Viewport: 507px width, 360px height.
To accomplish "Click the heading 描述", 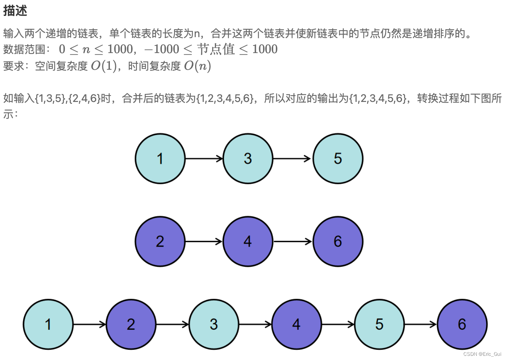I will point(15,11).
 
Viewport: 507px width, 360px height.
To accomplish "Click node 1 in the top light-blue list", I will point(160,158).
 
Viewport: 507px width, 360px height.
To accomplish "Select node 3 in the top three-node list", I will point(248,158).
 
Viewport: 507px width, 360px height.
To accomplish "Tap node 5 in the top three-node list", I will point(338,158).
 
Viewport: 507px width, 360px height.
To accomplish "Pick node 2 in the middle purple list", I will point(160,241).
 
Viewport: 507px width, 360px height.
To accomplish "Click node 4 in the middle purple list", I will point(248,241).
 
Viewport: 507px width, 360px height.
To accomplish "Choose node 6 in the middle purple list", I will point(338,241).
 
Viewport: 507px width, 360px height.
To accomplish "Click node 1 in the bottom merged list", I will point(48,324).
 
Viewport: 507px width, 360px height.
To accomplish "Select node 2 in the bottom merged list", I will point(131,324).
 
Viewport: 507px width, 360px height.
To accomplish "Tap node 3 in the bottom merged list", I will point(214,324).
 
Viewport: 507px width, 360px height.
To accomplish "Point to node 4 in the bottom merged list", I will point(296,324).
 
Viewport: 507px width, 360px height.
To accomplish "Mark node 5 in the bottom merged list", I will point(379,324).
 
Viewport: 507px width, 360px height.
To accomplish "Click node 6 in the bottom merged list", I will point(462,324).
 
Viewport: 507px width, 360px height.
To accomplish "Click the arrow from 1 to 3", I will point(204,158).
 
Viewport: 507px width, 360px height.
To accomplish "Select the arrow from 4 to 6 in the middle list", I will point(293,241).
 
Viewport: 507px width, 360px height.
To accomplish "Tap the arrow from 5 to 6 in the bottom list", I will point(421,324).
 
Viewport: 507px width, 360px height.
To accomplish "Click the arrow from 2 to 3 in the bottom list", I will point(172,324).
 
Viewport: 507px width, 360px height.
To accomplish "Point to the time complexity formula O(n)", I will point(197,66).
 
